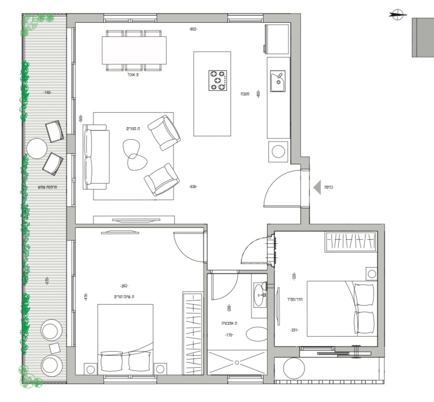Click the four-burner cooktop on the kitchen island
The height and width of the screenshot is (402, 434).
tap(218, 80)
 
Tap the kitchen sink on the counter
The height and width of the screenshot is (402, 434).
tap(277, 81)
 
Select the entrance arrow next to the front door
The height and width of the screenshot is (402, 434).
tap(317, 187)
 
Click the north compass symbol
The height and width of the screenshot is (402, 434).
tap(397, 15)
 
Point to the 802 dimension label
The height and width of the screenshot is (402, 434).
tap(193, 29)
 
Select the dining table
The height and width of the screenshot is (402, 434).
tap(134, 50)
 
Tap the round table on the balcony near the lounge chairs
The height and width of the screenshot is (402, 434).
tap(37, 148)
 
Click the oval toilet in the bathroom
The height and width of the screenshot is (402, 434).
tap(257, 334)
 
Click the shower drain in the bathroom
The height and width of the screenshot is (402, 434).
tap(237, 363)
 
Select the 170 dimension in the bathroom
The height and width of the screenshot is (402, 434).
tap(229, 335)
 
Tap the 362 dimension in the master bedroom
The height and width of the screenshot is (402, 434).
tap(123, 286)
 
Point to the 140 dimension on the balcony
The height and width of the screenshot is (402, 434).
tap(47, 92)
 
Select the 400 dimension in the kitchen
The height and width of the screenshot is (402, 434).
tap(258, 95)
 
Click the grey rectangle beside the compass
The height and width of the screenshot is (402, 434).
tap(423, 37)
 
